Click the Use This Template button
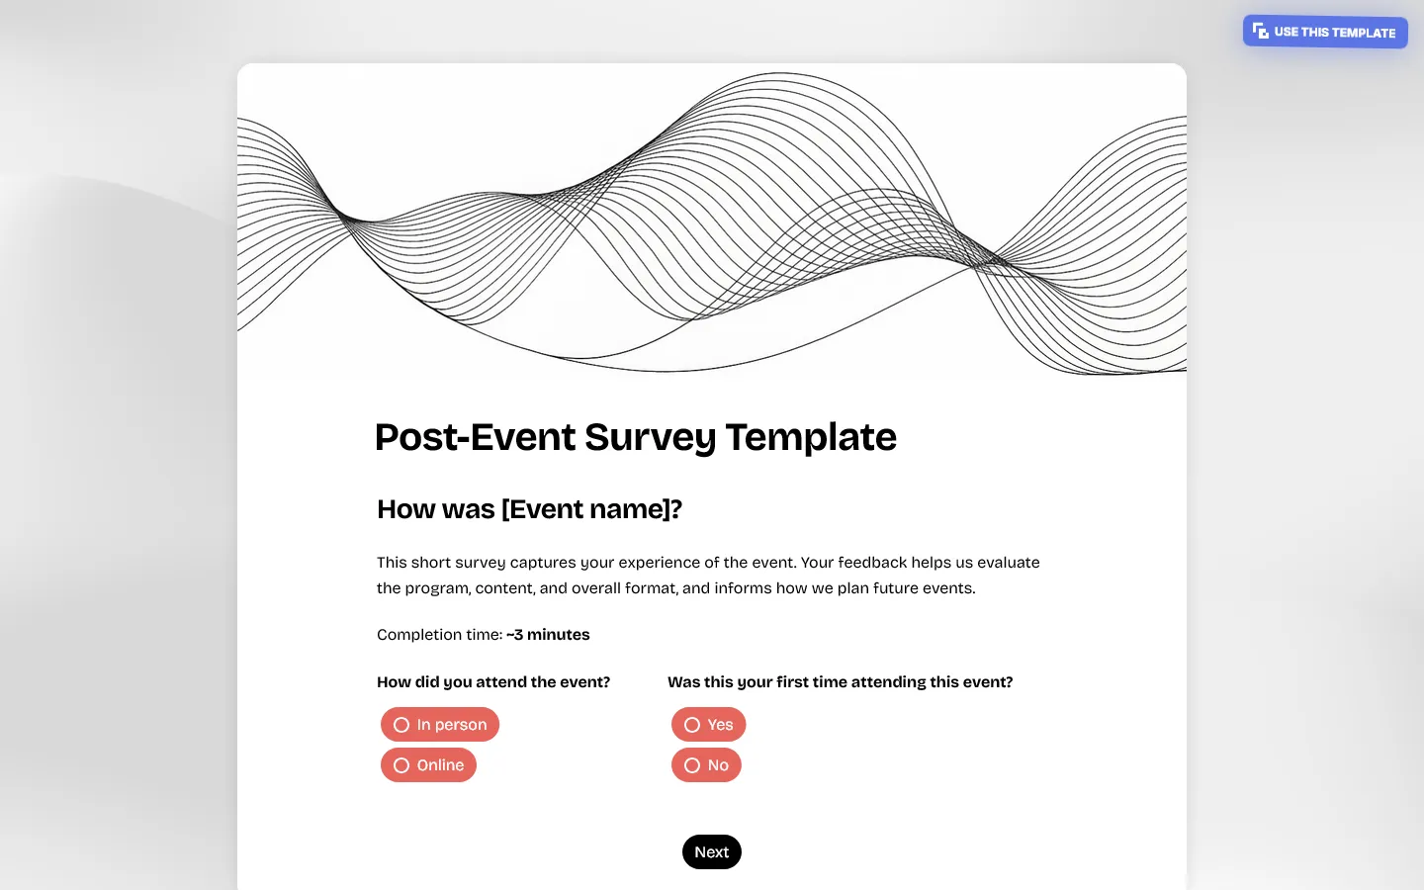click(x=1325, y=32)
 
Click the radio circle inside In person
click(x=401, y=725)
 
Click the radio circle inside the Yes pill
click(x=692, y=725)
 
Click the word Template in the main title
click(x=811, y=437)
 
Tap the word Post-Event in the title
click(x=475, y=437)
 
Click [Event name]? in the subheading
click(x=591, y=509)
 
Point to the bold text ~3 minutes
click(x=548, y=635)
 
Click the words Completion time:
click(x=439, y=635)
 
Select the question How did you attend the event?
click(x=493, y=682)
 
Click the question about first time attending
click(x=840, y=682)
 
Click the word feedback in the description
click(x=872, y=563)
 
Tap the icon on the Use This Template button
click(x=1260, y=32)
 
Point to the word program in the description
click(x=436, y=588)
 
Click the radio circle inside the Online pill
click(x=401, y=765)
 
